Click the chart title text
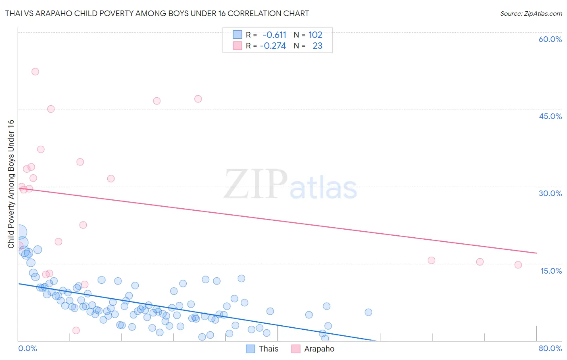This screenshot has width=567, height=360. [157, 13]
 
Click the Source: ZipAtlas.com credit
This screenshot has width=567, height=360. [531, 13]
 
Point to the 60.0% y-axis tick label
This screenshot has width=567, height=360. [550, 39]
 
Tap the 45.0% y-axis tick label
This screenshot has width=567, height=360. [550, 116]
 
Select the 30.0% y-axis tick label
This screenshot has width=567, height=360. [550, 193]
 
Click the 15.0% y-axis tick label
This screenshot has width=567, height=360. [551, 271]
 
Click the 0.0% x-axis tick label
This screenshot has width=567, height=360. [27, 348]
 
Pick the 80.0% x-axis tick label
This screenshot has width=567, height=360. [550, 348]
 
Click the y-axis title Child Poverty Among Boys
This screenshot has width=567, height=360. [11, 184]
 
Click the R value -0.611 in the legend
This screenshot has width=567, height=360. [274, 35]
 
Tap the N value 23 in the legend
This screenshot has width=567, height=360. [317, 46]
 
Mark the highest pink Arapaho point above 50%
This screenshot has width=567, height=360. [35, 71]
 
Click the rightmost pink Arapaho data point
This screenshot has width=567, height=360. [518, 265]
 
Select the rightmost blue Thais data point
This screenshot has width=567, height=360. [368, 312]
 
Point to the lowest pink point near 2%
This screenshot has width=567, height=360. [76, 331]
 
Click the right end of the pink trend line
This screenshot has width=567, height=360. [536, 253]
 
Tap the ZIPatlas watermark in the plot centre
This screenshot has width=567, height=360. [290, 185]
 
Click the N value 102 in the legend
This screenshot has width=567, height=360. [315, 35]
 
